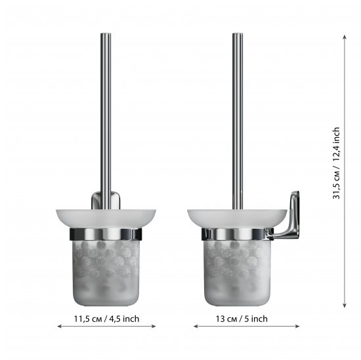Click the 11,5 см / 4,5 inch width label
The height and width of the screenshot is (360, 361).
click(x=106, y=319)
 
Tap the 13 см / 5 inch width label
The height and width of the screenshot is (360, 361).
click(x=242, y=319)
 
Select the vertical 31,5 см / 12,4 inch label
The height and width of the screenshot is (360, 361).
click(x=336, y=163)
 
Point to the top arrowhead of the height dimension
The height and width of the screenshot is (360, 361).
click(x=345, y=37)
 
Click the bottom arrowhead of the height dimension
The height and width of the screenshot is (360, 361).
click(x=345, y=306)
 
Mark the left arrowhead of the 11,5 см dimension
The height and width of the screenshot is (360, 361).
click(x=60, y=326)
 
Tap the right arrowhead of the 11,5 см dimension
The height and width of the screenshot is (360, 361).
click(x=154, y=326)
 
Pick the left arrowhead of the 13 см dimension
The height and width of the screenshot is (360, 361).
click(x=196, y=326)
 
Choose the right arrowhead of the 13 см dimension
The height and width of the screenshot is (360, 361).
click(x=297, y=326)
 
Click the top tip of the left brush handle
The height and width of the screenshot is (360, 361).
click(x=106, y=33)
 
